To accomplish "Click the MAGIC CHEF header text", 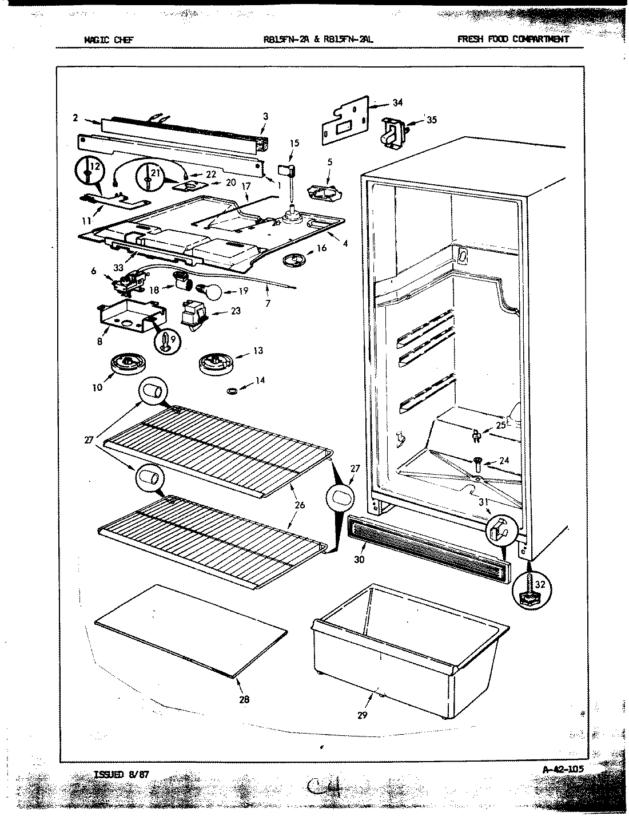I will pyautogui.click(x=109, y=39).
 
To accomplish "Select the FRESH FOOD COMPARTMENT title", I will pyautogui.click(x=513, y=39).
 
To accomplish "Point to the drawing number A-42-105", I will pyautogui.click(x=563, y=769).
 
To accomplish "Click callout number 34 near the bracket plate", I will pyautogui.click(x=397, y=103).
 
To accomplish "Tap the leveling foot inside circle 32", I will pyautogui.click(x=530, y=592).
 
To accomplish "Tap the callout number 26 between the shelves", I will pyautogui.click(x=301, y=505).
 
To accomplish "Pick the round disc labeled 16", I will pyautogui.click(x=297, y=260).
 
